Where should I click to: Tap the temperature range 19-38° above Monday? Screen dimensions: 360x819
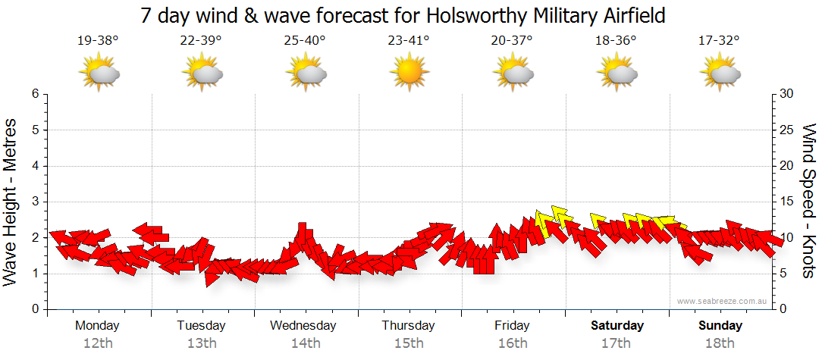[x=98, y=42]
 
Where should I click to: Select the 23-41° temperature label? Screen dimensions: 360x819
[x=408, y=42]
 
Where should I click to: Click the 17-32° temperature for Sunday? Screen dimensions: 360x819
[x=718, y=42]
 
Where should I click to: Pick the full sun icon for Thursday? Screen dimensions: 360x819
[x=409, y=73]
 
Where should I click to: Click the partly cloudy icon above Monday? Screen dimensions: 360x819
[x=99, y=73]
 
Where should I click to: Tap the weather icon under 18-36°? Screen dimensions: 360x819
[x=616, y=73]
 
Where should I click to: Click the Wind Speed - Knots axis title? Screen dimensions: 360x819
[x=808, y=201]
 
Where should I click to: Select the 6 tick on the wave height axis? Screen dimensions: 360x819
[x=34, y=94]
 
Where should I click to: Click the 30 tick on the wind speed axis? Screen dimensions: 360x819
[x=787, y=94]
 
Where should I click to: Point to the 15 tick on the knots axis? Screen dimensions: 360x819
[x=787, y=202]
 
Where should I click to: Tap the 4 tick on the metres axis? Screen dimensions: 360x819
[x=34, y=166]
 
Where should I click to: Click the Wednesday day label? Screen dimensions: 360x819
[x=303, y=326]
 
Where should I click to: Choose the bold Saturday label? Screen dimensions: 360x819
[x=617, y=326]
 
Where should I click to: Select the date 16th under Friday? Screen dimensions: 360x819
[x=513, y=343]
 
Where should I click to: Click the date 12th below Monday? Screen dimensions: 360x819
[x=98, y=343]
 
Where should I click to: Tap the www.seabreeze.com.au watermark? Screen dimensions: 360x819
[x=722, y=301]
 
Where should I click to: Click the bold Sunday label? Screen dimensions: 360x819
[x=720, y=326]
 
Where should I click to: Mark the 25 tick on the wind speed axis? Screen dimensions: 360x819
[x=787, y=130]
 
